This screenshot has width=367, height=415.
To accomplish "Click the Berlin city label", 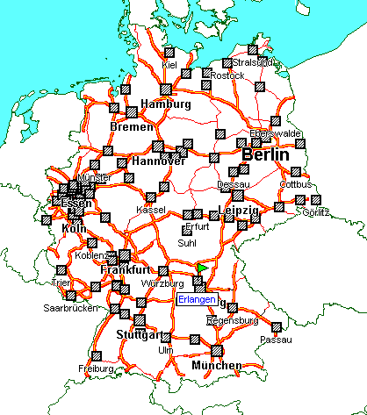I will click(264, 155).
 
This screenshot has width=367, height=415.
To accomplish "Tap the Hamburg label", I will click(165, 104).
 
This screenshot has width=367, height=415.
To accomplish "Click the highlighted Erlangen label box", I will click(196, 299).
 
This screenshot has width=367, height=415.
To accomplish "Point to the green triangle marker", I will click(203, 267).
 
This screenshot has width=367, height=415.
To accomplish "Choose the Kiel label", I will click(170, 65).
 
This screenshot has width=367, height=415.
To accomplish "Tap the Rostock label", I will click(227, 75).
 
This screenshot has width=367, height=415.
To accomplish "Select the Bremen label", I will click(126, 127).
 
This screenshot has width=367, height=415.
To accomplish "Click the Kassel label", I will click(150, 209).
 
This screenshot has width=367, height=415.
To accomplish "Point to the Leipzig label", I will click(238, 211).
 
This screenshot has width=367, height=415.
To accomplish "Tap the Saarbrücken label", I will click(69, 309).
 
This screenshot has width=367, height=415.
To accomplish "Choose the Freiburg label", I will click(96, 368).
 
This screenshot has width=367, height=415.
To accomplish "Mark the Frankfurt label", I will click(121, 269).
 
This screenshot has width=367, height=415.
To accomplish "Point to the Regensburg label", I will click(231, 321).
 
